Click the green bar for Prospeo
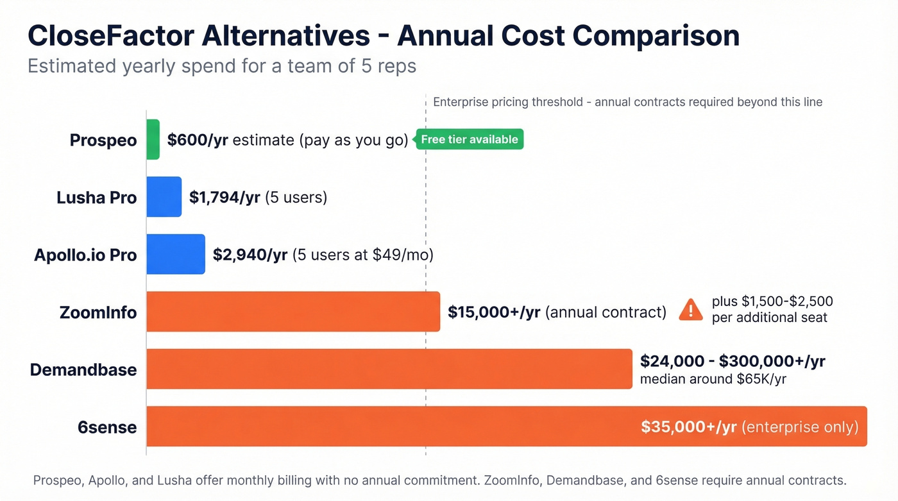[x=153, y=139]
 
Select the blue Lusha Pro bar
[x=164, y=197]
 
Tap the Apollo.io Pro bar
[x=176, y=254]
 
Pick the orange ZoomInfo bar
[x=293, y=312]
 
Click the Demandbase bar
[x=389, y=369]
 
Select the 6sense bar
[x=385, y=426]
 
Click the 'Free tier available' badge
[x=470, y=139]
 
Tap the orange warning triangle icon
[x=690, y=310]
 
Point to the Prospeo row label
[x=103, y=140]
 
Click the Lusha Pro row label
[x=97, y=197]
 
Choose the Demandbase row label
[x=83, y=369]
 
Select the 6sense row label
[x=107, y=427]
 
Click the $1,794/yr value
[x=224, y=197]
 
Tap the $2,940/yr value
[x=250, y=255]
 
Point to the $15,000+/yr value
[x=494, y=312]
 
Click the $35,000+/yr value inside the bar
[x=689, y=427]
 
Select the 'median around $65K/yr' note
[x=713, y=379]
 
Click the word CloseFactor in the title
[x=110, y=36]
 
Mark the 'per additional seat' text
[x=770, y=318]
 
